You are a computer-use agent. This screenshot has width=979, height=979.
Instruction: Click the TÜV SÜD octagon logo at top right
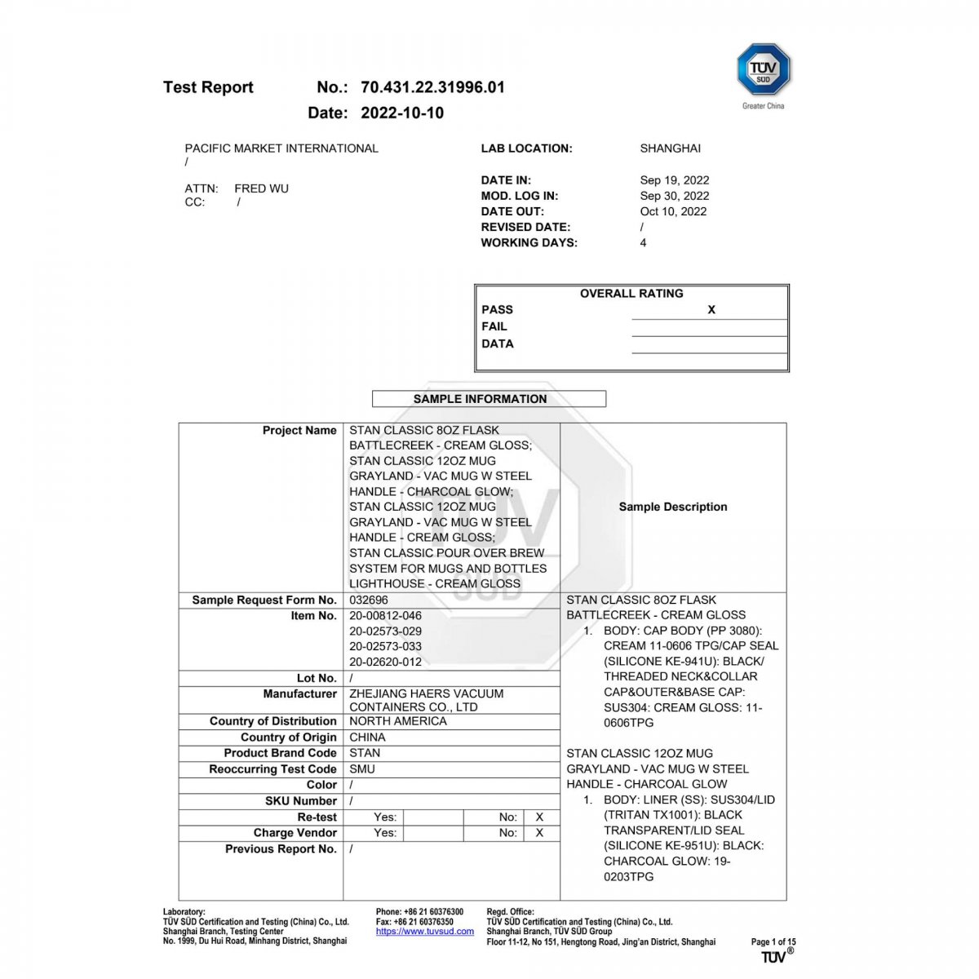tap(764, 70)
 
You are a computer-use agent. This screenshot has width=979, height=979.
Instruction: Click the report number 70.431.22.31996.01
tap(432, 87)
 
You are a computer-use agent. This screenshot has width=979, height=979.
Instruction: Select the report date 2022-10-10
tap(402, 113)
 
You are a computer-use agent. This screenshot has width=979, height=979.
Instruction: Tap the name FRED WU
tap(261, 188)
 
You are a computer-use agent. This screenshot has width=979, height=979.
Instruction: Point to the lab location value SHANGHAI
tap(670, 148)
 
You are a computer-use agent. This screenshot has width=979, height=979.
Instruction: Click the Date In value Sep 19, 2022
tap(674, 180)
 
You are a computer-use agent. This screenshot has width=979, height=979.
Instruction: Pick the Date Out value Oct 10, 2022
tap(673, 211)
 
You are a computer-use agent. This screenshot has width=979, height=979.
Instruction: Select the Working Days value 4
tap(643, 243)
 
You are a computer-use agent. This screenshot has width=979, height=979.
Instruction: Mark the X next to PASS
tap(711, 310)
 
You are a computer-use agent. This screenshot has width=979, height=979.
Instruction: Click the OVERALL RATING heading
tap(631, 294)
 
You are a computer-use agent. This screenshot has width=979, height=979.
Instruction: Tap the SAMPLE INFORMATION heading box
tap(489, 399)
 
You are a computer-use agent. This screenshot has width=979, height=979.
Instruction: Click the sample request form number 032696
tap(369, 600)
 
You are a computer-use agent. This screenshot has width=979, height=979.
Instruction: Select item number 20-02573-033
tap(385, 646)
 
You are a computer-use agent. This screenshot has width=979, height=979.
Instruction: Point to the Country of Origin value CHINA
tap(367, 737)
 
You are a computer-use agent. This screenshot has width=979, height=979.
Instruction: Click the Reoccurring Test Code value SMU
tap(362, 769)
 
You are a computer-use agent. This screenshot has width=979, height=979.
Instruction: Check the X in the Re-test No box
tap(539, 817)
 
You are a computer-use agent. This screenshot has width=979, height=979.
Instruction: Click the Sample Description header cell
tap(673, 507)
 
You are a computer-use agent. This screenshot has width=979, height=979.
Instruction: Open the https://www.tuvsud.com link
tap(424, 931)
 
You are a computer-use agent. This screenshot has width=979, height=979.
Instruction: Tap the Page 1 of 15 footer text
tap(773, 941)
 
